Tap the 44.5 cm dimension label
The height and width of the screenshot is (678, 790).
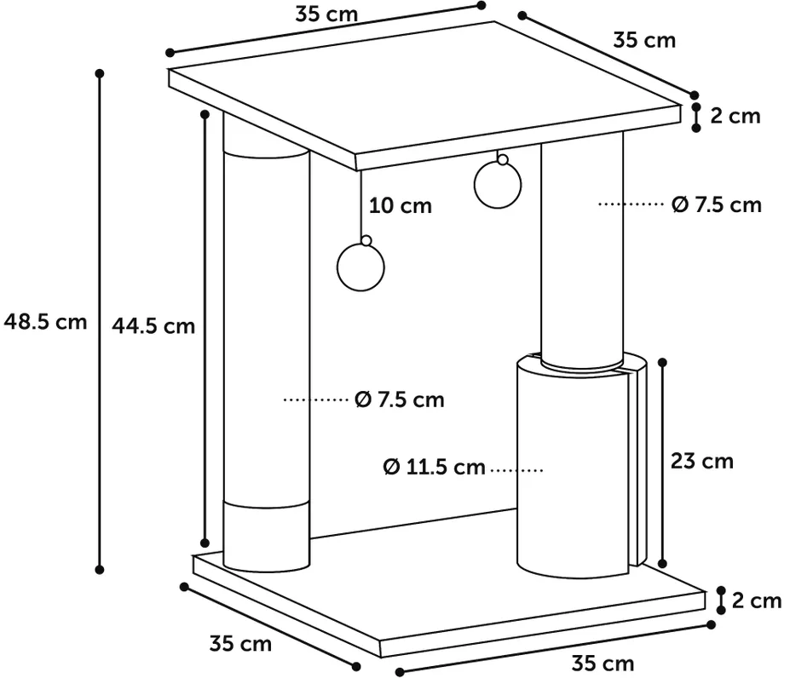153,325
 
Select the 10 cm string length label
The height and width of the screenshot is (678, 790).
401,206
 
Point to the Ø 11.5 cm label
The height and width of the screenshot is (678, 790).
435,468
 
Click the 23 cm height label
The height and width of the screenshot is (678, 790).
702,462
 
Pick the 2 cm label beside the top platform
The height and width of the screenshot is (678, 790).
735,116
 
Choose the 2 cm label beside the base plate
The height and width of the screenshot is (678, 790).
757,601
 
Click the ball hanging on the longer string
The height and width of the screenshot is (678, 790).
362,267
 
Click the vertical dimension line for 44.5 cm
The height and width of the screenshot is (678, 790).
205,328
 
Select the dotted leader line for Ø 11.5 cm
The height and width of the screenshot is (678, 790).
518,468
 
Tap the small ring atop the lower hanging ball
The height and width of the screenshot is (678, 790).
366,241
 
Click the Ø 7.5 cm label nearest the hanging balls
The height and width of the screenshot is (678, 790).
400,399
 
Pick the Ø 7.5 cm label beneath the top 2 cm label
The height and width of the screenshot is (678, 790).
716,205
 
